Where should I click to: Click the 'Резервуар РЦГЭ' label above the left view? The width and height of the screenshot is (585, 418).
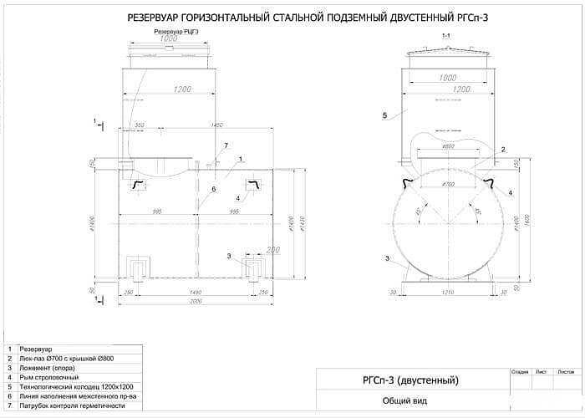[x=176, y=31]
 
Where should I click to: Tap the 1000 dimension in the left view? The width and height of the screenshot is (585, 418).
[x=169, y=39]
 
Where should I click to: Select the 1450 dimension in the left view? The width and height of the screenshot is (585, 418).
[x=217, y=125]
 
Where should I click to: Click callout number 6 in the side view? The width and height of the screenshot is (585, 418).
[x=213, y=189]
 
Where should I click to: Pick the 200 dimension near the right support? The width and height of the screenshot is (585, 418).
[x=272, y=249]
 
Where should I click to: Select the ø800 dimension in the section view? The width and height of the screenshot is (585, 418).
[x=448, y=147]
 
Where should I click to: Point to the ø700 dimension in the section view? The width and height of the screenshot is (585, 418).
[x=448, y=183]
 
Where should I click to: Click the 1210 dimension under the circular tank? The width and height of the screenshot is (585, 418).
[x=448, y=293]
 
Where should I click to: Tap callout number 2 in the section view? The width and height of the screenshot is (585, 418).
[x=503, y=150]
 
